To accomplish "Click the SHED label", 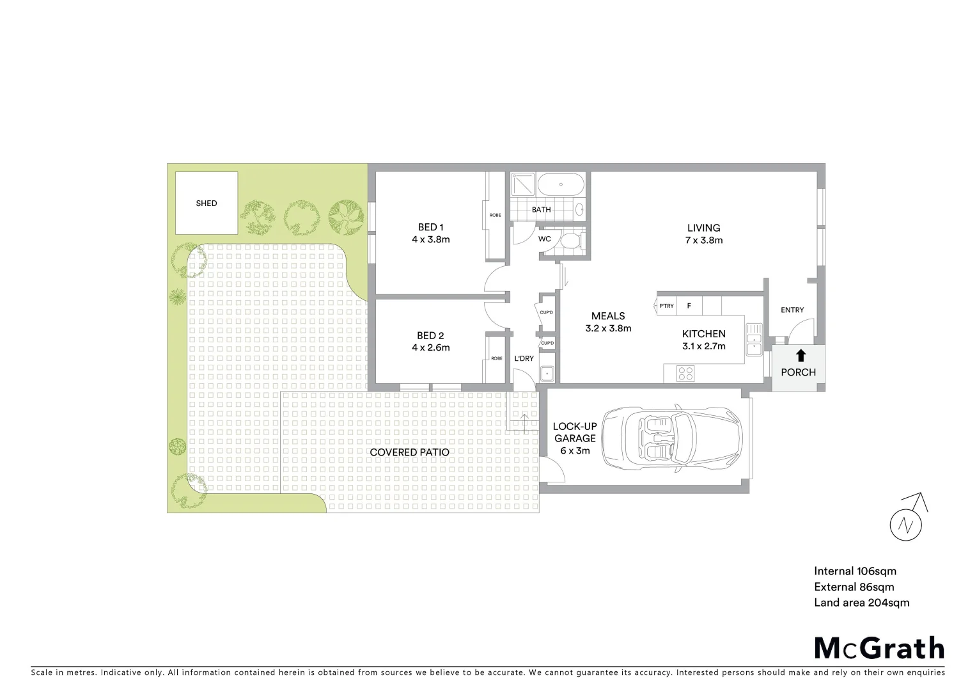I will click(206, 203).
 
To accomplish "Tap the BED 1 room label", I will click(430, 227).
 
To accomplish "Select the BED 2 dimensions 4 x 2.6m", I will click(430, 348).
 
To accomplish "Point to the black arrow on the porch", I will click(801, 356).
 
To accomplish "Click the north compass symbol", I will click(907, 524).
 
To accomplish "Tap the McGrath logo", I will click(879, 648).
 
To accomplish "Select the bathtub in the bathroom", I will click(561, 186).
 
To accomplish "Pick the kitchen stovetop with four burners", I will click(685, 373).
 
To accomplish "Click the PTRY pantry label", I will click(666, 306).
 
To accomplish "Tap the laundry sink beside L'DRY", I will click(547, 374).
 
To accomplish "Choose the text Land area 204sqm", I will click(861, 603).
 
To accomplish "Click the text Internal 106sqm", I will click(855, 571).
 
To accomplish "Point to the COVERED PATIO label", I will click(409, 452).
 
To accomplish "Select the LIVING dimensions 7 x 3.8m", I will click(703, 241).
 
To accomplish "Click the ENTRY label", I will click(792, 310).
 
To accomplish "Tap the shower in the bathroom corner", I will click(522, 185).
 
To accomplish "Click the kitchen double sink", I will click(754, 338).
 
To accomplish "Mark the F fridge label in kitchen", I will click(689, 306).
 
